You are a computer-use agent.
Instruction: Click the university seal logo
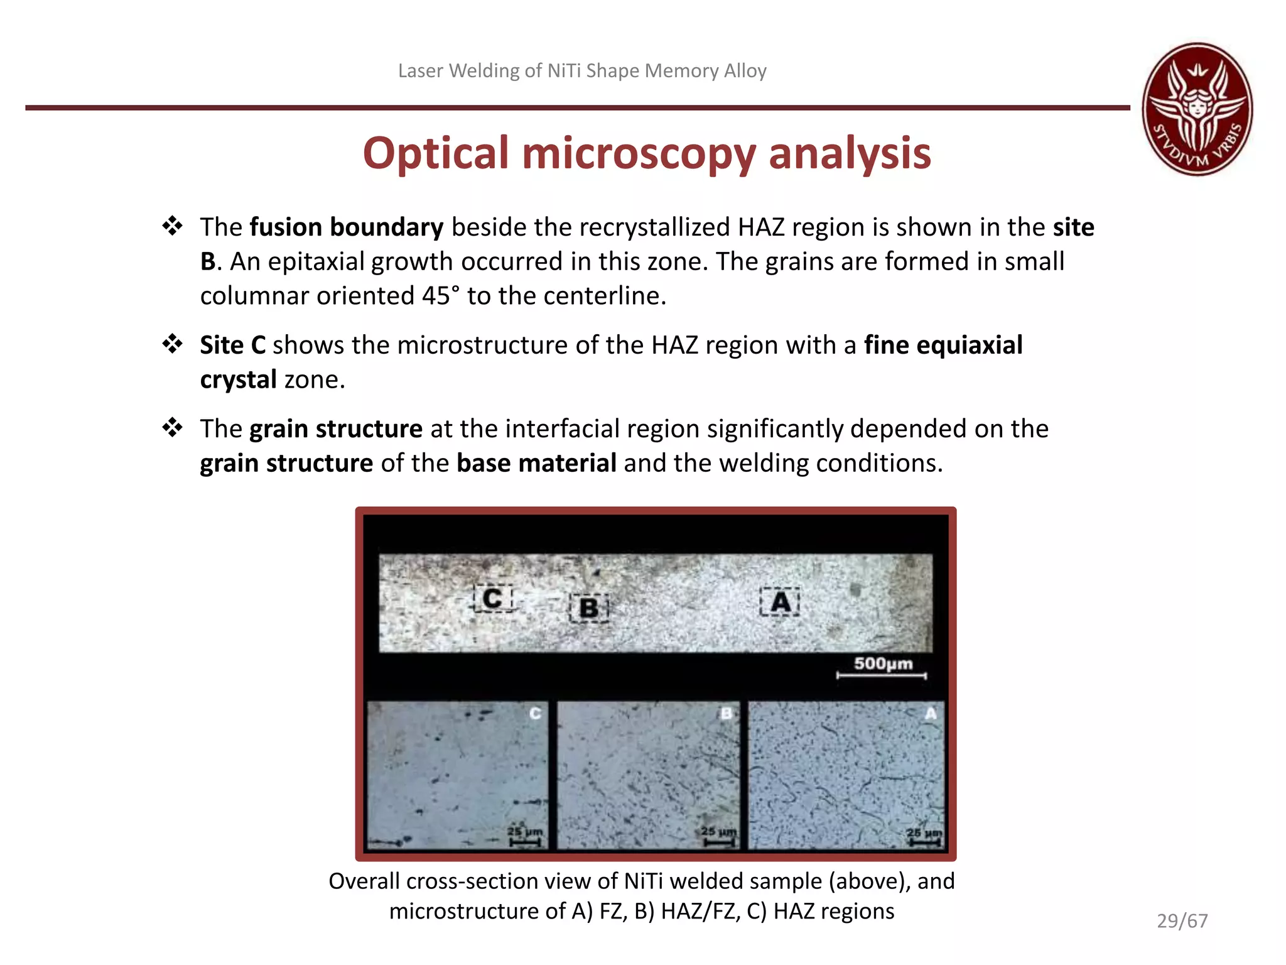[x=1197, y=109]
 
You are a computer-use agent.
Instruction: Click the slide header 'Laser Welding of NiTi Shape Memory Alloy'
[x=582, y=71]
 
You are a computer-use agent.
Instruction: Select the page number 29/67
[x=1182, y=920]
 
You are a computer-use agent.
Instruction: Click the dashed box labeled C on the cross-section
[x=493, y=599]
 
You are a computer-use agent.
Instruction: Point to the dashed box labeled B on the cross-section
[x=589, y=608]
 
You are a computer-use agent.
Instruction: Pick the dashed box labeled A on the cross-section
[x=780, y=602]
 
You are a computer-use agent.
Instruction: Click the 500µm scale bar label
[x=883, y=663]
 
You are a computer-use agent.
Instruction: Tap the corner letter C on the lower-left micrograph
[x=535, y=714]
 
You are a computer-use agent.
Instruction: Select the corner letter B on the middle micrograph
[x=726, y=714]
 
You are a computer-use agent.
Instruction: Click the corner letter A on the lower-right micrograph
[x=931, y=714]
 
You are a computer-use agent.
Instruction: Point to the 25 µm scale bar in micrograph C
[x=525, y=836]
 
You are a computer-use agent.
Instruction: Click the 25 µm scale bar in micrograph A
[x=924, y=837]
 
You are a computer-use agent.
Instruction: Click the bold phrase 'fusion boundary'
[x=347, y=227]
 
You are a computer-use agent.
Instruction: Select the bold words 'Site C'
[x=232, y=346]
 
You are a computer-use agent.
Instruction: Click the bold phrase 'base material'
[x=536, y=464]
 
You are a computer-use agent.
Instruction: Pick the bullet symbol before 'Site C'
[x=172, y=344]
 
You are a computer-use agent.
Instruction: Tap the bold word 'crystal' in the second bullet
[x=238, y=380]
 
